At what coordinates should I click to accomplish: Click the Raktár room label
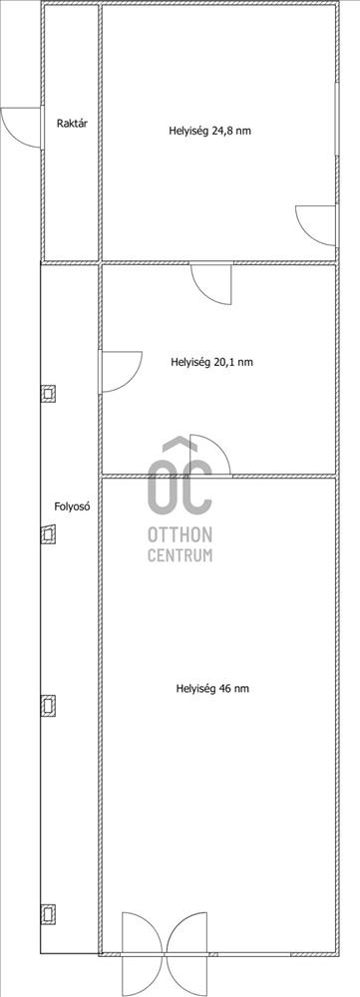[72, 124]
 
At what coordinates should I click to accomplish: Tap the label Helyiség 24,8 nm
[209, 132]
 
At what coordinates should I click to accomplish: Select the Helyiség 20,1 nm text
[211, 363]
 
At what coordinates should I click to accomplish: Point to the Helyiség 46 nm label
[211, 688]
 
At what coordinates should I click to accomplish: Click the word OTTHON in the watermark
[180, 533]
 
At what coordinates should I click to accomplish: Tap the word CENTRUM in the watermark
[180, 555]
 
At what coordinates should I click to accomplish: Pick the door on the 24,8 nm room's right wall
[316, 225]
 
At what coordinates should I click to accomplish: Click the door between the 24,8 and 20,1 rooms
[211, 283]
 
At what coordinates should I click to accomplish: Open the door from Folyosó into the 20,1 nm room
[121, 371]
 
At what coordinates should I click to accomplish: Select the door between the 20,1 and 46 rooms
[210, 456]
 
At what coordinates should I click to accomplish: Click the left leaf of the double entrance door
[144, 952]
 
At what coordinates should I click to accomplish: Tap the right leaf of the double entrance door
[186, 952]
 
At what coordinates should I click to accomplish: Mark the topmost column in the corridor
[48, 394]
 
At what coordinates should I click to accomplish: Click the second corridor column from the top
[48, 534]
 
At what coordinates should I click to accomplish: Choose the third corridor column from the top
[48, 705]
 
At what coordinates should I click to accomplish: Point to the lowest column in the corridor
[48, 913]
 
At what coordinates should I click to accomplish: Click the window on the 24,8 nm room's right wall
[336, 119]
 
